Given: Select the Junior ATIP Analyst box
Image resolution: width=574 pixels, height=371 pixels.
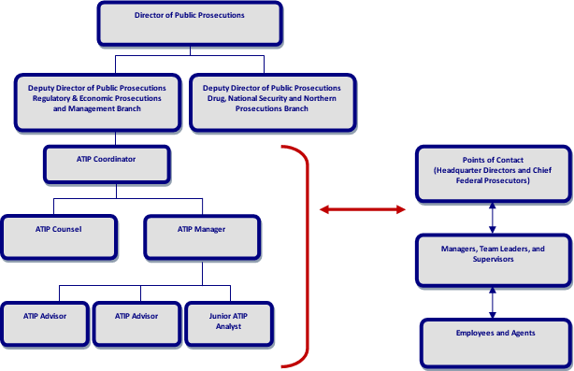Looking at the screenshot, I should click(x=228, y=322).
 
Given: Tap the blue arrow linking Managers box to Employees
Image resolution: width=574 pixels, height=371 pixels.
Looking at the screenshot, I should click(x=493, y=302).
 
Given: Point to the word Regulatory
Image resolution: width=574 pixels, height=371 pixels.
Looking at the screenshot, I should click(x=51, y=98).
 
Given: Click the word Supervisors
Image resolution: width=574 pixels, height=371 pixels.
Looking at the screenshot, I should click(x=493, y=259).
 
